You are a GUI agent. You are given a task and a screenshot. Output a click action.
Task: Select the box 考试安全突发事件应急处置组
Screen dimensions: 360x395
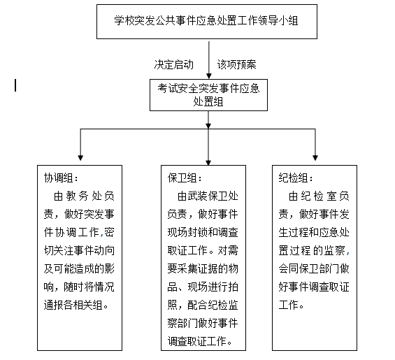(208, 94)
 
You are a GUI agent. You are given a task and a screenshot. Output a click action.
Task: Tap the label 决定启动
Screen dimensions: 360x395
(173, 64)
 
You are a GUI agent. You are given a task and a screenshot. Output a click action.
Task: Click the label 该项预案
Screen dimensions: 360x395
(236, 64)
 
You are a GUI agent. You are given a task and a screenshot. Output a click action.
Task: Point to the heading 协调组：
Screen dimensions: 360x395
(62, 177)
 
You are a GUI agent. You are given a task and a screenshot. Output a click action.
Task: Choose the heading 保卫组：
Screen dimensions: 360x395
(185, 177)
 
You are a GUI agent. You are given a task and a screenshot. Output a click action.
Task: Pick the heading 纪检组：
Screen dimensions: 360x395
(296, 177)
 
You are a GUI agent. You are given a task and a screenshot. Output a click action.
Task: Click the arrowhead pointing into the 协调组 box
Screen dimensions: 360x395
(81, 157)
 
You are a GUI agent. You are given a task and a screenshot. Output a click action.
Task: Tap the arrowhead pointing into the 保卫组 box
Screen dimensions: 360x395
(209, 157)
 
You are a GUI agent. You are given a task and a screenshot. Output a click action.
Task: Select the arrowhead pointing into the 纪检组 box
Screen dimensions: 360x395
(315, 157)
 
